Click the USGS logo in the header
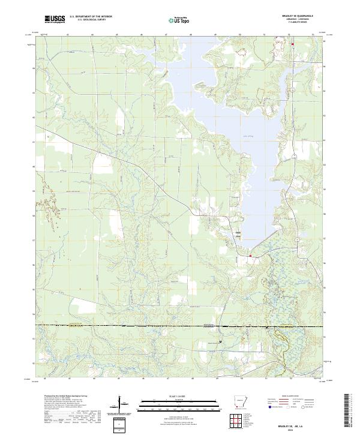pyautogui.click(x=55, y=20)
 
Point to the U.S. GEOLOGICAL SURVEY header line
pyautogui.click(x=91, y=20)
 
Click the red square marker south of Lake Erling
pyautogui.click(x=250, y=256)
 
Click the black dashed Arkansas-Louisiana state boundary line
pyautogui.click(x=150, y=325)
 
